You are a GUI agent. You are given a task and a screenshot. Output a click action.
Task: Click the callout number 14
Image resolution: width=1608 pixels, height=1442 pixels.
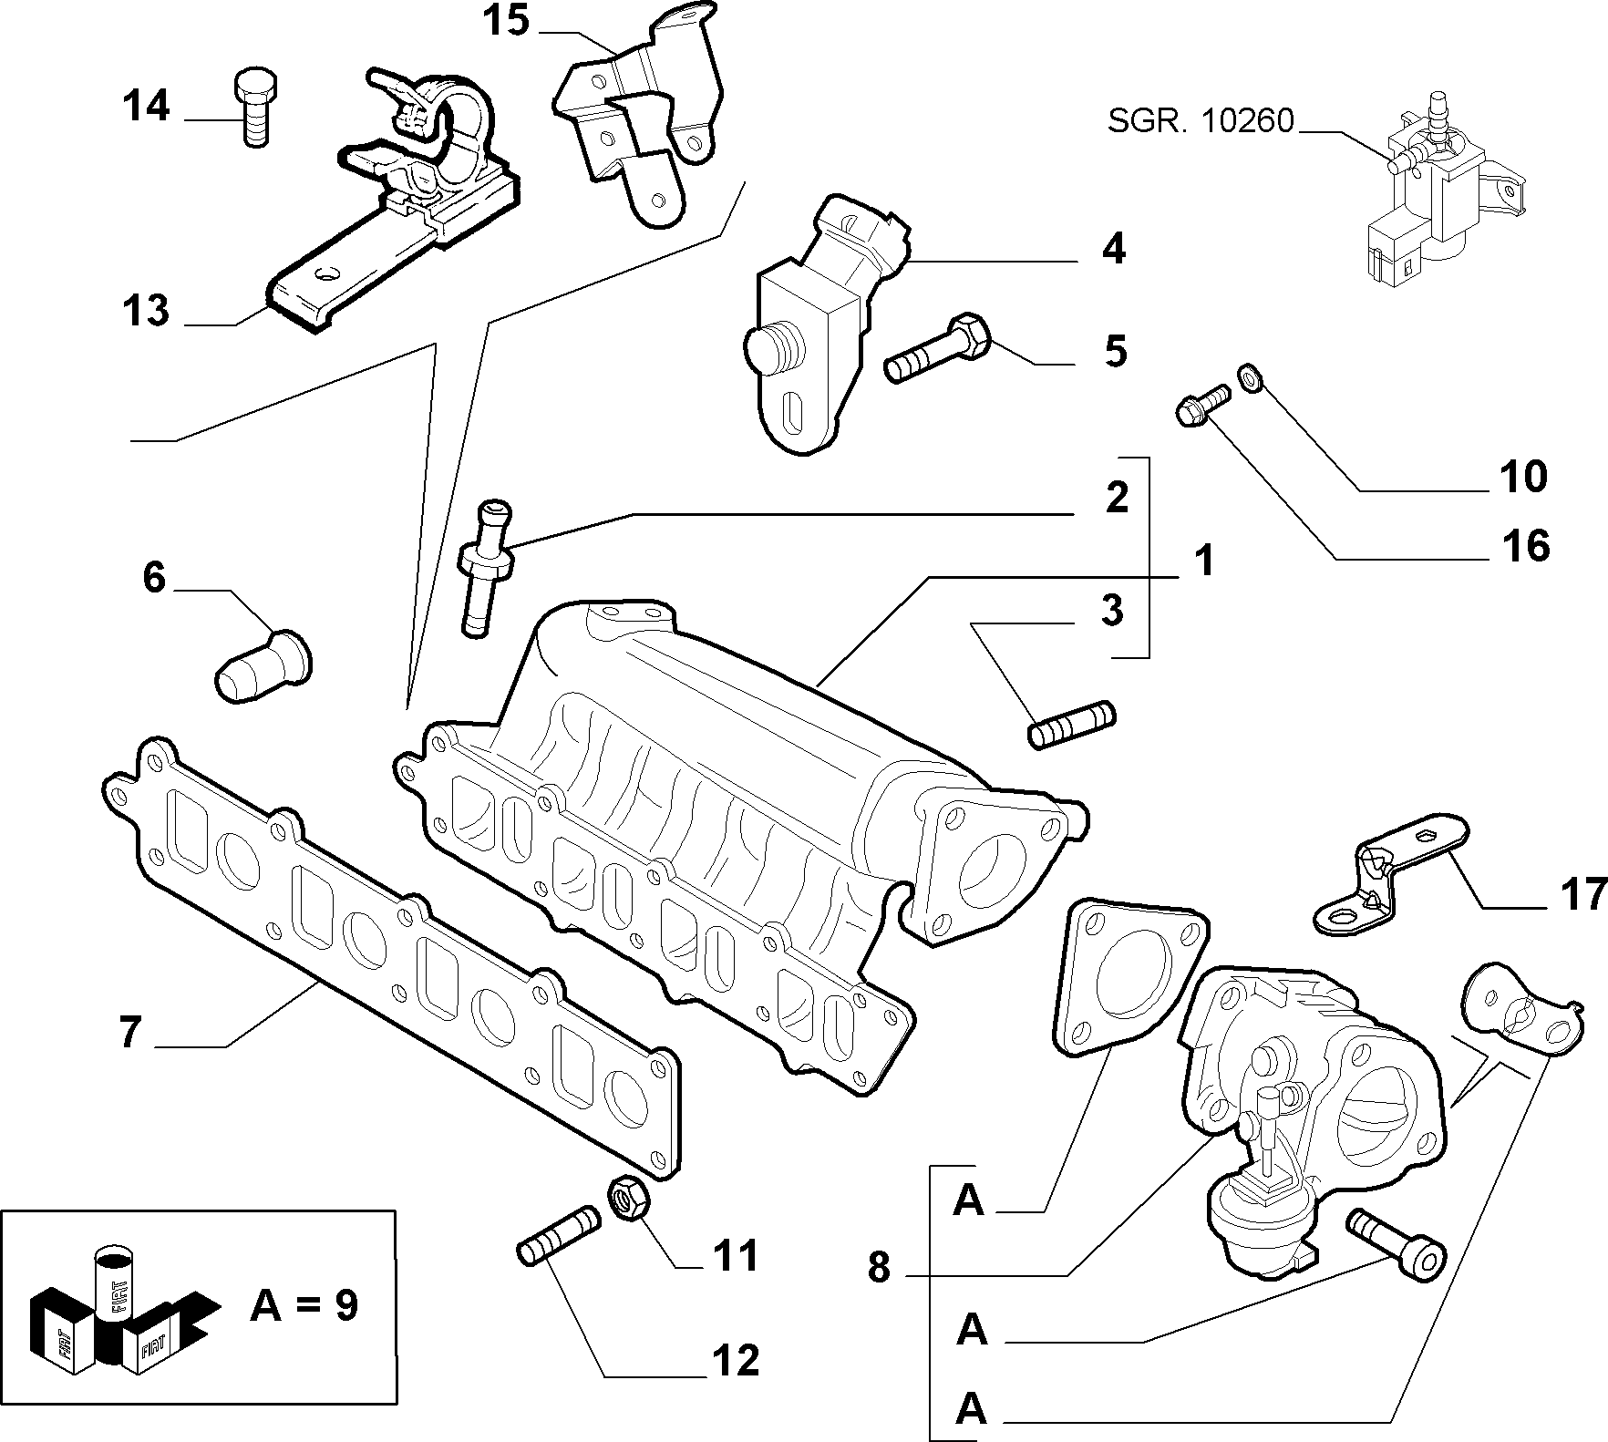click(x=147, y=107)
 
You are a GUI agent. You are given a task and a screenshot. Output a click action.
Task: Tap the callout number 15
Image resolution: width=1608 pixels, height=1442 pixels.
click(x=506, y=21)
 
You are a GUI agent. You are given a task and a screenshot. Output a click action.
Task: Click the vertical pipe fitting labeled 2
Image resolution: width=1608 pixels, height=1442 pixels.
click(x=485, y=565)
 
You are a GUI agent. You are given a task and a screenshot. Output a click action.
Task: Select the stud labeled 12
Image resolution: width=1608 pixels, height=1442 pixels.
click(x=558, y=1232)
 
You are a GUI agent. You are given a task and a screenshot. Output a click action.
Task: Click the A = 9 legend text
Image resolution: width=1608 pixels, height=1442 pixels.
click(x=304, y=1306)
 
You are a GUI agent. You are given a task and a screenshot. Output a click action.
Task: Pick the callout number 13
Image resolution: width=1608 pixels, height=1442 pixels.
click(x=146, y=311)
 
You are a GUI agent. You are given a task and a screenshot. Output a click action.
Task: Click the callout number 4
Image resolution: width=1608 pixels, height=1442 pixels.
click(x=1113, y=249)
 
